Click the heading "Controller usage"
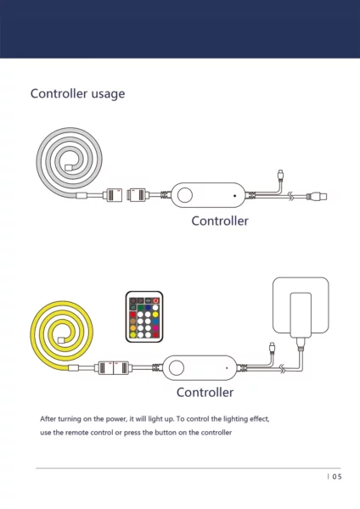click(77, 94)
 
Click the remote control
click(144, 316)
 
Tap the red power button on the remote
click(156, 300)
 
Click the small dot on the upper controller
click(234, 196)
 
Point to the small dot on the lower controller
click(227, 368)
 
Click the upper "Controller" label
click(220, 221)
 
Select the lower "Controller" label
click(205, 393)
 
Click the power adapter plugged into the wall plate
click(301, 315)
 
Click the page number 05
click(338, 477)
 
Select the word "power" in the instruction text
click(116, 419)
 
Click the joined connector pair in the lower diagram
click(114, 368)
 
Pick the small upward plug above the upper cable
click(280, 174)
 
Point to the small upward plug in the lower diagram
click(272, 347)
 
